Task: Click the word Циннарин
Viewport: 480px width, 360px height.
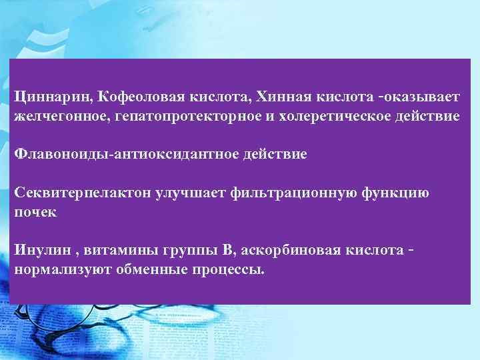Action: coord(52,98)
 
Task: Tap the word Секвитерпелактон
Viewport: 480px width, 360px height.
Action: coord(83,193)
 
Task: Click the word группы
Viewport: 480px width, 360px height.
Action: coord(187,251)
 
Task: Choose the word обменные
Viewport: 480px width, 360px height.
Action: coord(148,269)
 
